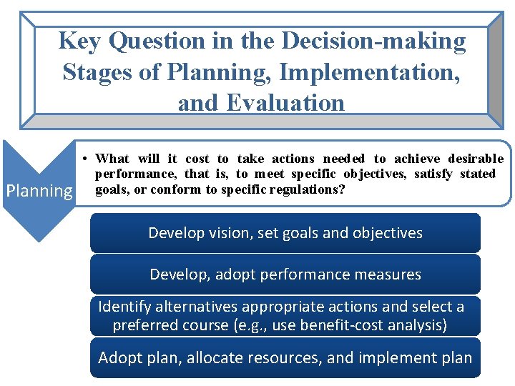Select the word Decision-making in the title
point(374,41)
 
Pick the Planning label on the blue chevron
point(39,191)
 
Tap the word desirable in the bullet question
point(476,159)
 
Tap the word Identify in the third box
point(126,307)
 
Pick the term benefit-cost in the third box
point(344,326)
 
